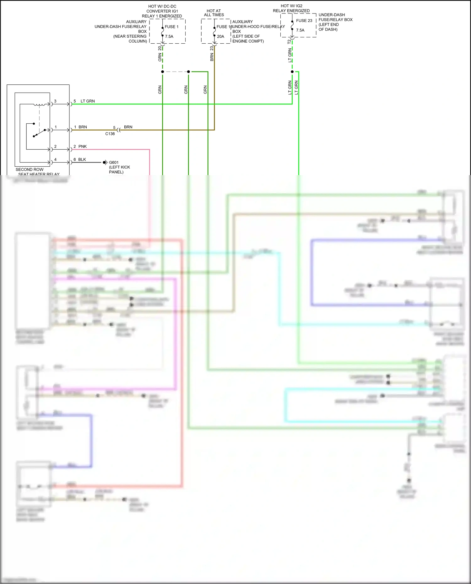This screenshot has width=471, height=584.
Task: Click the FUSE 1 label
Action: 171,27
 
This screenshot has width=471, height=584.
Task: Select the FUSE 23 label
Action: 304,21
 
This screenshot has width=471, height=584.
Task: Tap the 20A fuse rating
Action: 220,36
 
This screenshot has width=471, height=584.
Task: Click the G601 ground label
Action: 114,163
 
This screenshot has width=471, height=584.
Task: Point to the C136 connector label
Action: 110,134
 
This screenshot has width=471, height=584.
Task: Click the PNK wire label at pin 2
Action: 83,147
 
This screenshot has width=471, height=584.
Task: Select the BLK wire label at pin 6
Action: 82,159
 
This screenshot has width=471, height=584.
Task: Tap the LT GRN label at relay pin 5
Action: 88,101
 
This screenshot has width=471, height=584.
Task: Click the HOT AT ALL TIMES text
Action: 214,13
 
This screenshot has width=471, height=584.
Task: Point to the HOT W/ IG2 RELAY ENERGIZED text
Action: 291,8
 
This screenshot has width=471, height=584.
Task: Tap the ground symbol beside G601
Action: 106,163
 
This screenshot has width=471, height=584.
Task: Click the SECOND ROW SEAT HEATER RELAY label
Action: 37,172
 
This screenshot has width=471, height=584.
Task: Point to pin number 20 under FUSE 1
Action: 160,48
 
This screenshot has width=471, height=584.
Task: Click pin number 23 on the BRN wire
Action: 212,48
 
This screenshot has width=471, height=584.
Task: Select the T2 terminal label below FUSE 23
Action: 290,41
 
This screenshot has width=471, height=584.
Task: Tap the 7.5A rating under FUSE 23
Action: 300,30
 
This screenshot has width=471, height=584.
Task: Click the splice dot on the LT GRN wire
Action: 292,72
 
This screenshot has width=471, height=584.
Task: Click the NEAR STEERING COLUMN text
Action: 130,39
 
